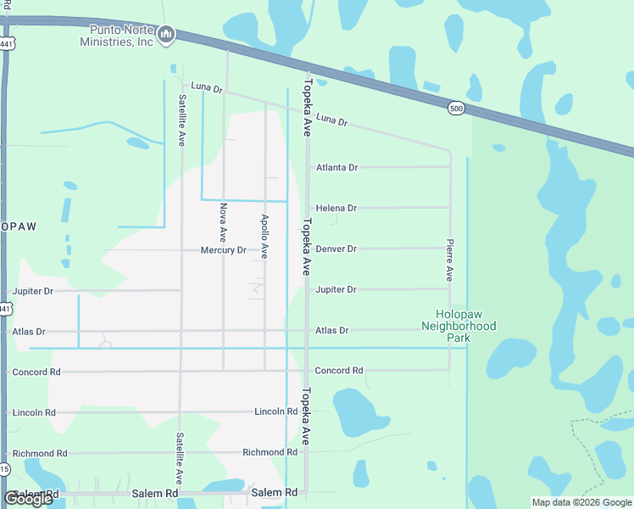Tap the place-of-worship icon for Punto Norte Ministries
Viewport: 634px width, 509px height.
[x=166, y=34]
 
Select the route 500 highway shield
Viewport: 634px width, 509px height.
[x=457, y=108]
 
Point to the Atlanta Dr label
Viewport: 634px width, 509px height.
[x=336, y=167]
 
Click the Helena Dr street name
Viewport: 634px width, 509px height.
[x=336, y=208]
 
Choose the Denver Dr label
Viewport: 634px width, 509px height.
[x=336, y=249]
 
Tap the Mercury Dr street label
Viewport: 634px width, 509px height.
[x=223, y=250]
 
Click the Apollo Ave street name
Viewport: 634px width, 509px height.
[x=264, y=236]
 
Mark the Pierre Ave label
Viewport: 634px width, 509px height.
[x=450, y=261]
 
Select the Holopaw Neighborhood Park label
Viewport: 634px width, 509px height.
[x=459, y=325]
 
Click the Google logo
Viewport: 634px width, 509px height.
[x=28, y=498]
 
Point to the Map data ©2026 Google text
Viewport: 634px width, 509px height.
[x=581, y=502]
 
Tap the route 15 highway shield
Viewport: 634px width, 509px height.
[x=4, y=469]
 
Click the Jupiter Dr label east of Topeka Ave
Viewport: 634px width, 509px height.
[x=336, y=289]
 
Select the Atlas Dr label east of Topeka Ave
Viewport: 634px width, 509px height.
[x=331, y=330]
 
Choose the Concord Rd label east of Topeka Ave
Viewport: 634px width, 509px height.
[x=339, y=371]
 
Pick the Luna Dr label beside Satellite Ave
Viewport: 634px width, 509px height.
[x=207, y=87]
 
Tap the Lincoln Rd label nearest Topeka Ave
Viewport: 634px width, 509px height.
[x=275, y=411]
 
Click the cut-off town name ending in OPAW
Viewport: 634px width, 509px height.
[x=19, y=227]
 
